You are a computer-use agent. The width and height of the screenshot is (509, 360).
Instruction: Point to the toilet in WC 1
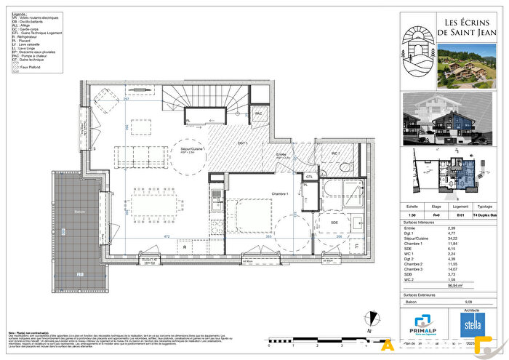pyautogui.click(x=345, y=166)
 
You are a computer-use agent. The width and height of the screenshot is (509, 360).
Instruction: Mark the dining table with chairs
pyautogui.click(x=154, y=201)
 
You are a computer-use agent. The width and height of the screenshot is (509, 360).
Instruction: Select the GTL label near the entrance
pyautogui.click(x=309, y=176)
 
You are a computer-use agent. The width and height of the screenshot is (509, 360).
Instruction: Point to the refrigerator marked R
pyautogui.click(x=186, y=247)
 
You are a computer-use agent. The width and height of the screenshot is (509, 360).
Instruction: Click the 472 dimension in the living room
pyautogui.click(x=165, y=236)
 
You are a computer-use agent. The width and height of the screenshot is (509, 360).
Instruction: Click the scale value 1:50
pyautogui.click(x=412, y=215)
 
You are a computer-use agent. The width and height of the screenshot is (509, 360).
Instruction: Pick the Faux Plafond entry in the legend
pyautogui.click(x=33, y=66)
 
